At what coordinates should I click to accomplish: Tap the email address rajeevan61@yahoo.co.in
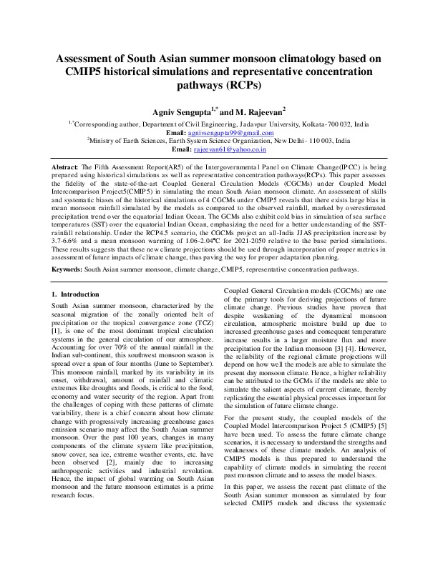click(230, 150)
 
